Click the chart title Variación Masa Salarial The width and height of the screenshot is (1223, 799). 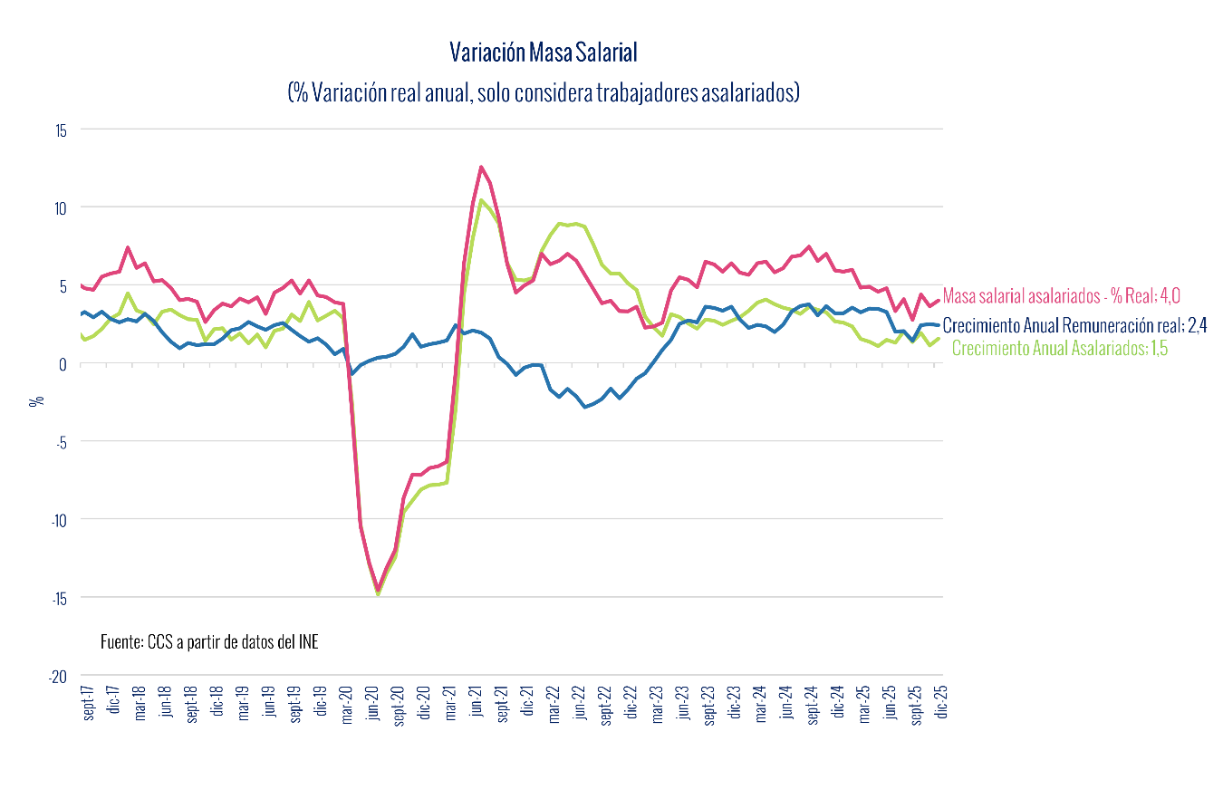[544, 53]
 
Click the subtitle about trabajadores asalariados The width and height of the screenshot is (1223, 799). [544, 93]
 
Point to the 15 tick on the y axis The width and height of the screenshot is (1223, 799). [61, 130]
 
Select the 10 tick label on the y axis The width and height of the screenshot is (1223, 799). [61, 207]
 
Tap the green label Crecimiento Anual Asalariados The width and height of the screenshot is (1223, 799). [1060, 349]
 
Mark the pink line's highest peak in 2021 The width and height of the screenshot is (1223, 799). [481, 167]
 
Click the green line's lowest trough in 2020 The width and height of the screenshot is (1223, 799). [379, 594]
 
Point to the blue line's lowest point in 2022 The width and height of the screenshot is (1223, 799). [585, 407]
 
